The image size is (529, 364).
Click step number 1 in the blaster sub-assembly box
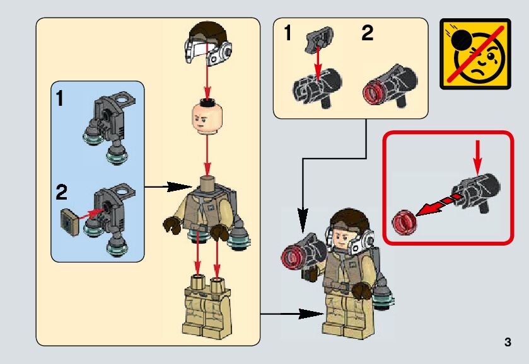(288, 34)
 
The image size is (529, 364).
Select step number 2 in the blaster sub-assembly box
(367, 34)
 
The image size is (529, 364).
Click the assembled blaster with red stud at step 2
(390, 86)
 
